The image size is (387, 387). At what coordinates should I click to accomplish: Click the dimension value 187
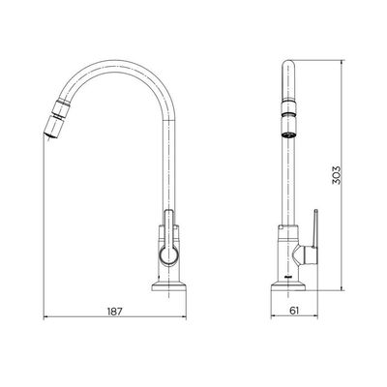point(114,312)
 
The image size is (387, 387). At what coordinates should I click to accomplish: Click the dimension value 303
point(336,175)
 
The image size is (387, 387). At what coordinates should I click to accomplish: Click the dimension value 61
point(294,311)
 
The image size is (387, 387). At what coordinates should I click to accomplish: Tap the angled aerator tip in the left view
point(53,127)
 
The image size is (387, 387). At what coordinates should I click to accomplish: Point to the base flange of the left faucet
point(169,286)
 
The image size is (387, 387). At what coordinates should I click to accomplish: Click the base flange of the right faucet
point(288,286)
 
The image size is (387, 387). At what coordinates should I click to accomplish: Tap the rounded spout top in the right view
point(288,66)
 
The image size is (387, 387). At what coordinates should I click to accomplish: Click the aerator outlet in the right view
point(288,135)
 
